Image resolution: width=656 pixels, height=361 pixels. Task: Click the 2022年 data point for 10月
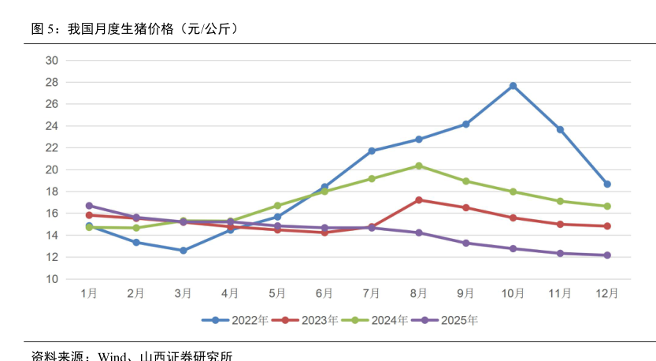513,86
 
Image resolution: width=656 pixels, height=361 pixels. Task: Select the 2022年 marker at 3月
183,251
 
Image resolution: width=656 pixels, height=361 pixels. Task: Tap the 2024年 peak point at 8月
419,166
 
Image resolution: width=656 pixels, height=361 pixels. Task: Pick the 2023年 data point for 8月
419,200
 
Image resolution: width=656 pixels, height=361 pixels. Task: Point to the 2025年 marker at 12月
607,255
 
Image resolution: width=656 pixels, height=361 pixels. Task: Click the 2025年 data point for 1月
89,206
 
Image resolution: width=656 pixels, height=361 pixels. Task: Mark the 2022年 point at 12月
607,184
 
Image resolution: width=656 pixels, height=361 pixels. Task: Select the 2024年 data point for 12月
607,207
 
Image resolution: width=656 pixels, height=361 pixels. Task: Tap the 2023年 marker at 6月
324,233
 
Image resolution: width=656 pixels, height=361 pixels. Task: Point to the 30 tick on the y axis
52,60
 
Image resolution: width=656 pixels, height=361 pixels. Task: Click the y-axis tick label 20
52,169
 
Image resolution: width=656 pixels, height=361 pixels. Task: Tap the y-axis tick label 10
52,279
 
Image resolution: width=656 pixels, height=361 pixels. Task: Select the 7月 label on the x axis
372,293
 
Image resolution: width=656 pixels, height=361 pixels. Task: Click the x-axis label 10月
513,293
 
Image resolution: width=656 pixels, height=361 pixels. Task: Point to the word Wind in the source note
113,355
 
